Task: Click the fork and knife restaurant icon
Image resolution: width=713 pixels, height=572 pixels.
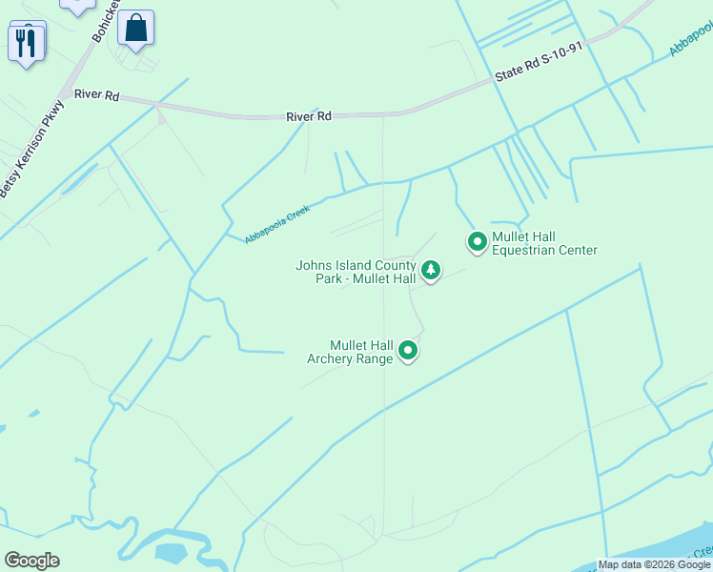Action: coord(26,43)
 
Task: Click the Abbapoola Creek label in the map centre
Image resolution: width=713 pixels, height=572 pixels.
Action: coord(277,224)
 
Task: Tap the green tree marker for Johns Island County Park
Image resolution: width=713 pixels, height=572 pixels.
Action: coord(431,271)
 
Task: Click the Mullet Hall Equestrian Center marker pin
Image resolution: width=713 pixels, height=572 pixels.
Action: coord(477,242)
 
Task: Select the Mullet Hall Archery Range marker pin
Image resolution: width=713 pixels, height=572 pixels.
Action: coord(408,351)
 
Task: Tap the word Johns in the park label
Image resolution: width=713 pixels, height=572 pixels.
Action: coord(313,265)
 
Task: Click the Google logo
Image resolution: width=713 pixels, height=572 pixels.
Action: coord(31,561)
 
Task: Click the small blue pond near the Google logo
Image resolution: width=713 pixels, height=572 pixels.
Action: coord(171,552)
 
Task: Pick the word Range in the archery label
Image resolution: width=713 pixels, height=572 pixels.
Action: coord(375,359)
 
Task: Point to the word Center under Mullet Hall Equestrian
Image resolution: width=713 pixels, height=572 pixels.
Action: coord(575,251)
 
